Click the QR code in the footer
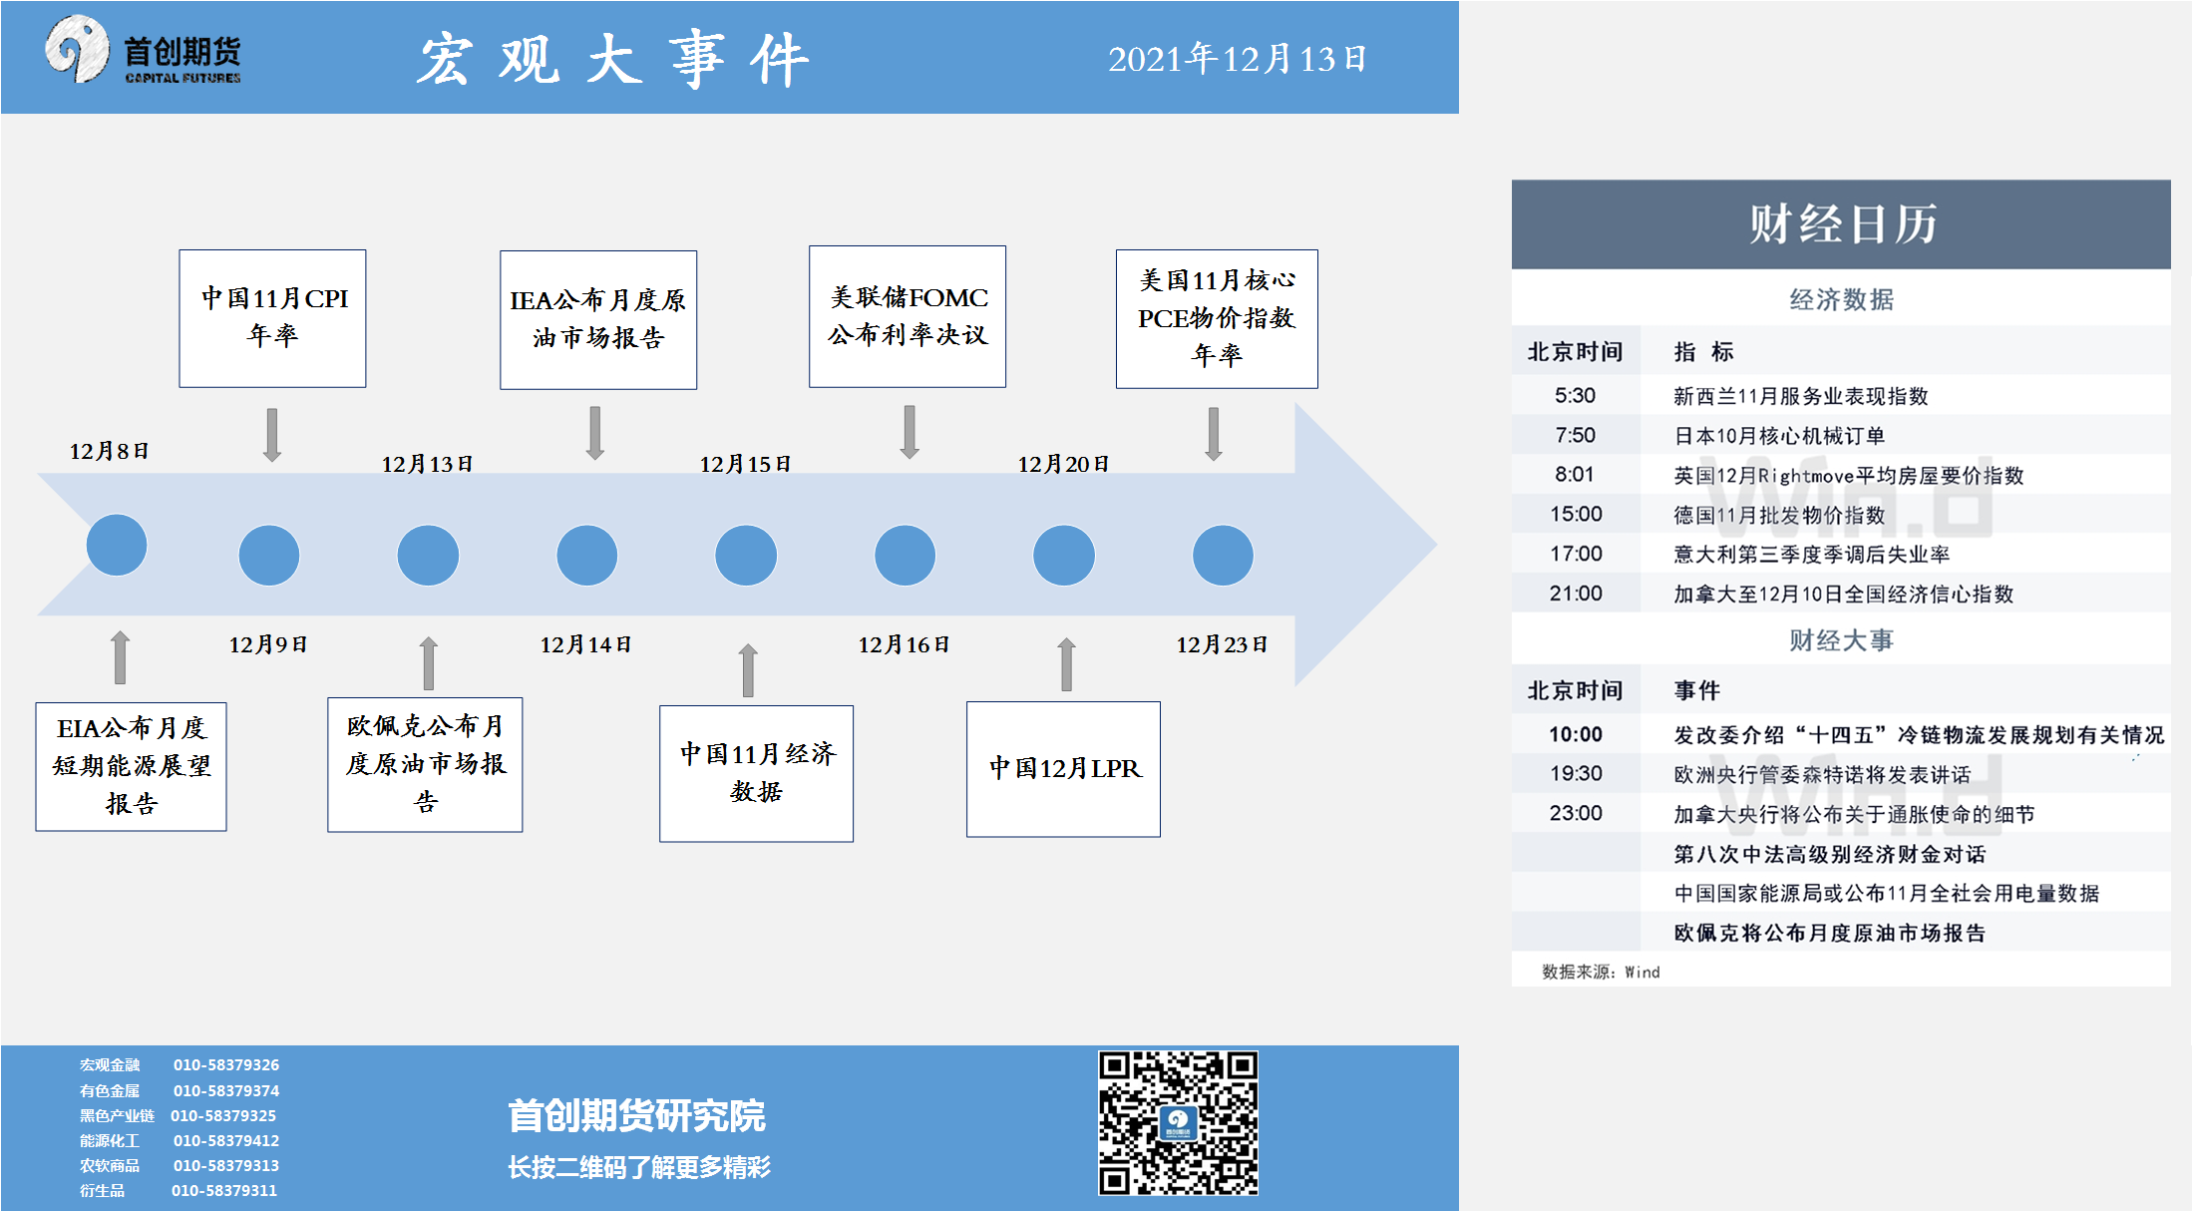[1178, 1122]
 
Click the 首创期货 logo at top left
[143, 51]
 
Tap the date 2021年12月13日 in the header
[1237, 59]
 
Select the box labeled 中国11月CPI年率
[272, 318]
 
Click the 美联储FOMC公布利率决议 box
[908, 316]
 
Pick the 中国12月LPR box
[1063, 769]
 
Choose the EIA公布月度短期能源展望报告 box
[131, 766]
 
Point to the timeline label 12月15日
[745, 464]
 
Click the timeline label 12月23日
[1222, 644]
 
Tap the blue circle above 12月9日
[269, 556]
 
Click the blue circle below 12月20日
[1064, 556]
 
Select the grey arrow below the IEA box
[595, 433]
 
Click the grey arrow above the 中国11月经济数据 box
[748, 669]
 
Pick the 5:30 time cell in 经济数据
[1575, 395]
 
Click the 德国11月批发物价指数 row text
[1779, 515]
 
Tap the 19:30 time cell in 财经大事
[1576, 773]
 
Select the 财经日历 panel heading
[1842, 223]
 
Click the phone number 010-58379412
[226, 1140]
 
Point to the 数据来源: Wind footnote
[1601, 972]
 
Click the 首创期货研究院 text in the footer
[636, 1115]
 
